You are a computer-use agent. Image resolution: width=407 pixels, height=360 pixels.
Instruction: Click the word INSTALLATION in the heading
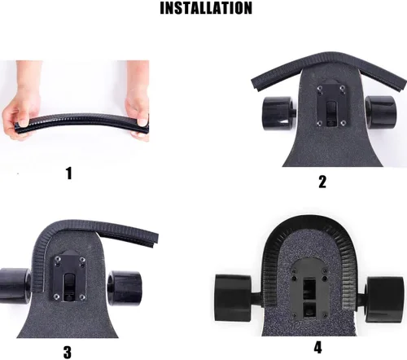(x=205, y=9)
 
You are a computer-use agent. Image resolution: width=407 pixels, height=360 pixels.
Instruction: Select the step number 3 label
(x=67, y=353)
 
